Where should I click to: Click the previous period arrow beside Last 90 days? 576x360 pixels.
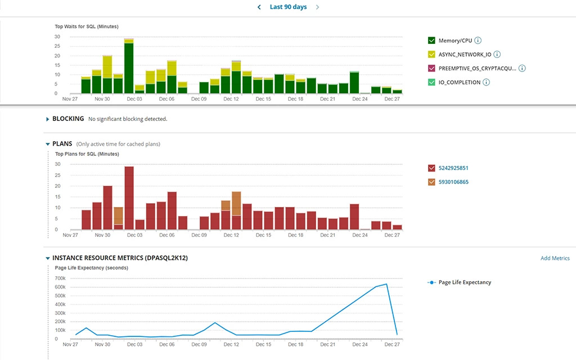[x=259, y=7]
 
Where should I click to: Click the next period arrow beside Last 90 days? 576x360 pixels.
[x=317, y=7]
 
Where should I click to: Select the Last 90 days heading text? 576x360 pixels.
[x=288, y=7]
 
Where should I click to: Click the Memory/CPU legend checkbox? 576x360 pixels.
[x=431, y=40]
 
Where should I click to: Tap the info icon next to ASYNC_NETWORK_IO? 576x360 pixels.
[x=497, y=55]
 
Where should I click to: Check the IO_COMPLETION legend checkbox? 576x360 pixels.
[x=431, y=82]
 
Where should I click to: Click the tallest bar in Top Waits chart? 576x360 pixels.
[x=129, y=67]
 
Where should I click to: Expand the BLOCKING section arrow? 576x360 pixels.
[x=47, y=119]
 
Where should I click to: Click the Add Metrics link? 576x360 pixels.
[x=555, y=258]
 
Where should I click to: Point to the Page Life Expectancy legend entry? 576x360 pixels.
[x=464, y=282]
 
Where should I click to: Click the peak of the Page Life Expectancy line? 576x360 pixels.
[x=386, y=284]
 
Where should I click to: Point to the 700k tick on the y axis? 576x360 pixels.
[x=60, y=278]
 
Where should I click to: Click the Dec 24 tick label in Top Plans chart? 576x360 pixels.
[x=359, y=235]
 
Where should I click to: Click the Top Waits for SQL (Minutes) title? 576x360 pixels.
[x=86, y=26]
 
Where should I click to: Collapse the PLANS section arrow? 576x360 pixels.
[x=47, y=144]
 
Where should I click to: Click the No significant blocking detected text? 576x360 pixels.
[x=128, y=119]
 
